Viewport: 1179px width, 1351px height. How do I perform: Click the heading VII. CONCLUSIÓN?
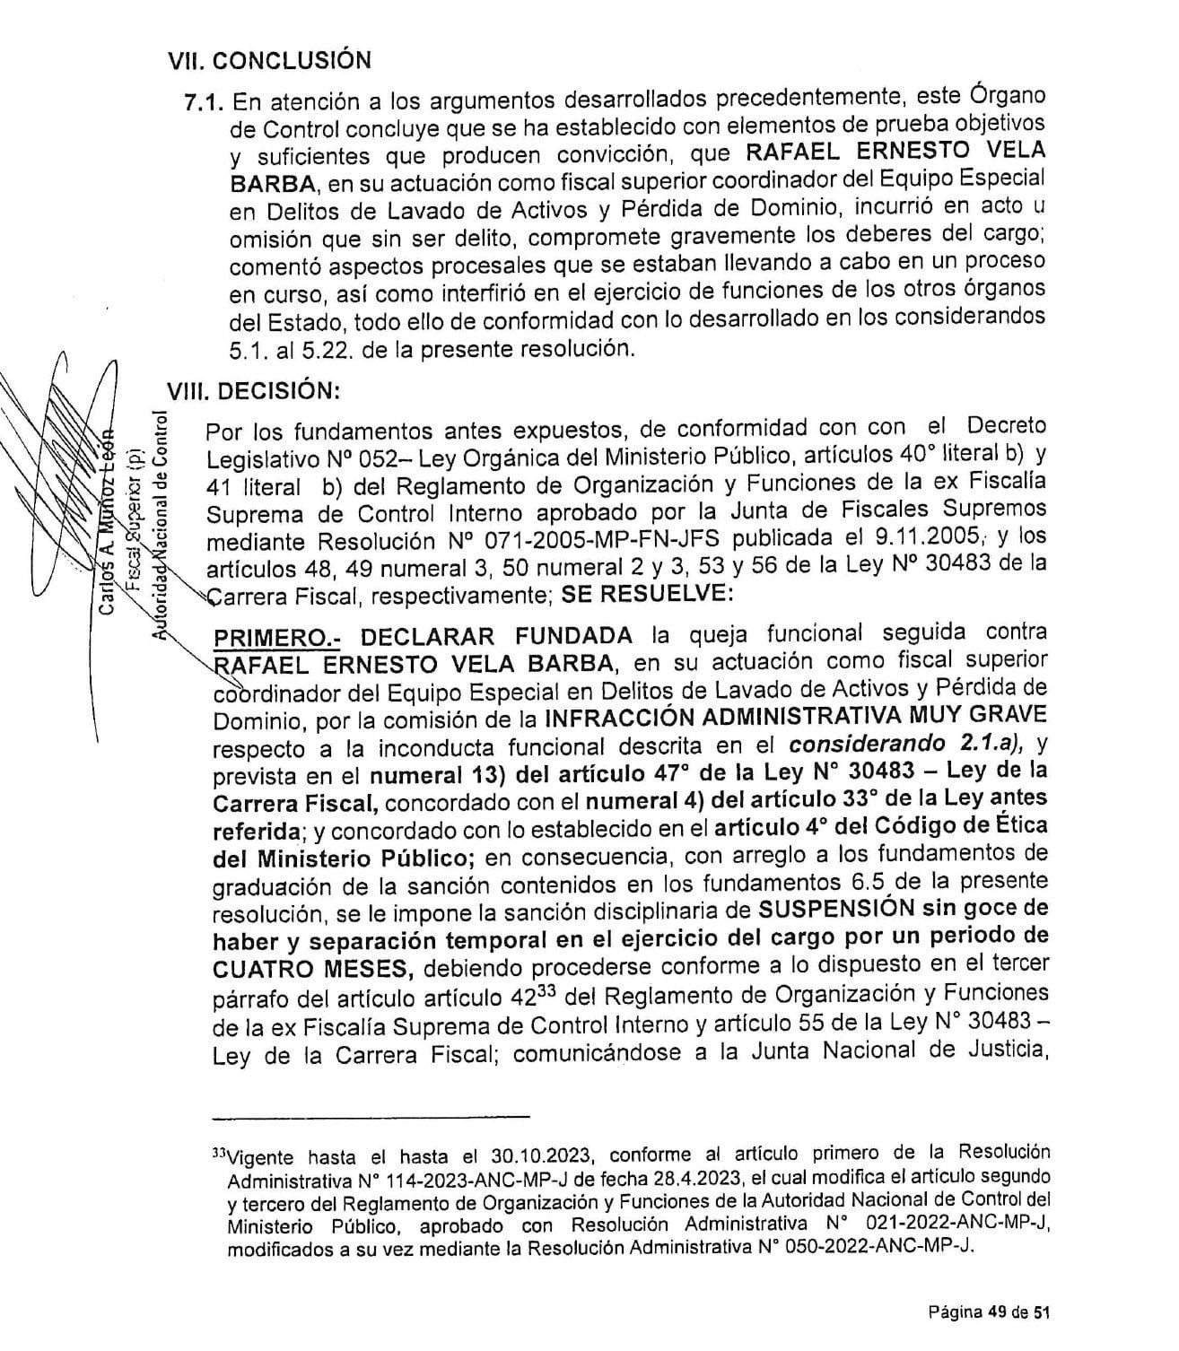coord(268,61)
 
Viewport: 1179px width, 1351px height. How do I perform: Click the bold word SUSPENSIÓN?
coord(828,908)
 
